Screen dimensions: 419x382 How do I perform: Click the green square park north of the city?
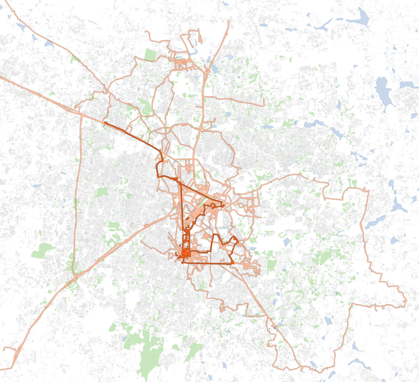click(x=150, y=55)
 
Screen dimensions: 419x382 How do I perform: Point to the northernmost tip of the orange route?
click(x=228, y=21)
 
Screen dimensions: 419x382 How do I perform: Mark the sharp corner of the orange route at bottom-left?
click(x=12, y=368)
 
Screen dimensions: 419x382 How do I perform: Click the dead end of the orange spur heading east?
click(x=263, y=106)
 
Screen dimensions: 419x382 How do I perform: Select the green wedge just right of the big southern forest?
click(x=194, y=352)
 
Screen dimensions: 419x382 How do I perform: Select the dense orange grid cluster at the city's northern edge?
click(x=181, y=63)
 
